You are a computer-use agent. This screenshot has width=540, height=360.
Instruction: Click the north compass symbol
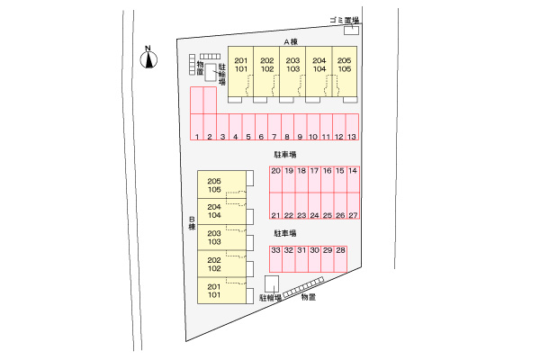coord(148,59)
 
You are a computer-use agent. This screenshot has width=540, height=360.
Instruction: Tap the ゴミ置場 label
coord(345,20)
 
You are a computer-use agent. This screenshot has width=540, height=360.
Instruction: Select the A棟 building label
coord(291,41)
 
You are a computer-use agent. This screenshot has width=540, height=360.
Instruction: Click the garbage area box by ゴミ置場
coord(351,31)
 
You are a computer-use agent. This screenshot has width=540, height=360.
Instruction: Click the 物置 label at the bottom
coord(308,297)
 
